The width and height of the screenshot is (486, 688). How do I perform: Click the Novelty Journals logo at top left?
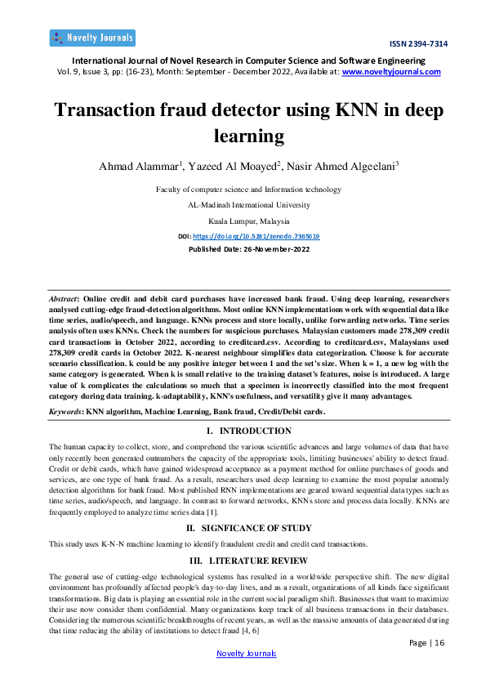(92, 38)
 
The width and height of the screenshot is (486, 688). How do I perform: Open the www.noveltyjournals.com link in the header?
(390, 72)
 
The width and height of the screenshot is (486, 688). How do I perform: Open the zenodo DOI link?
(266, 235)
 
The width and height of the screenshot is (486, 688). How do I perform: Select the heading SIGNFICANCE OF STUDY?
(248, 528)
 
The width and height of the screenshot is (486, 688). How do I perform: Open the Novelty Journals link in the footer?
(246, 654)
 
